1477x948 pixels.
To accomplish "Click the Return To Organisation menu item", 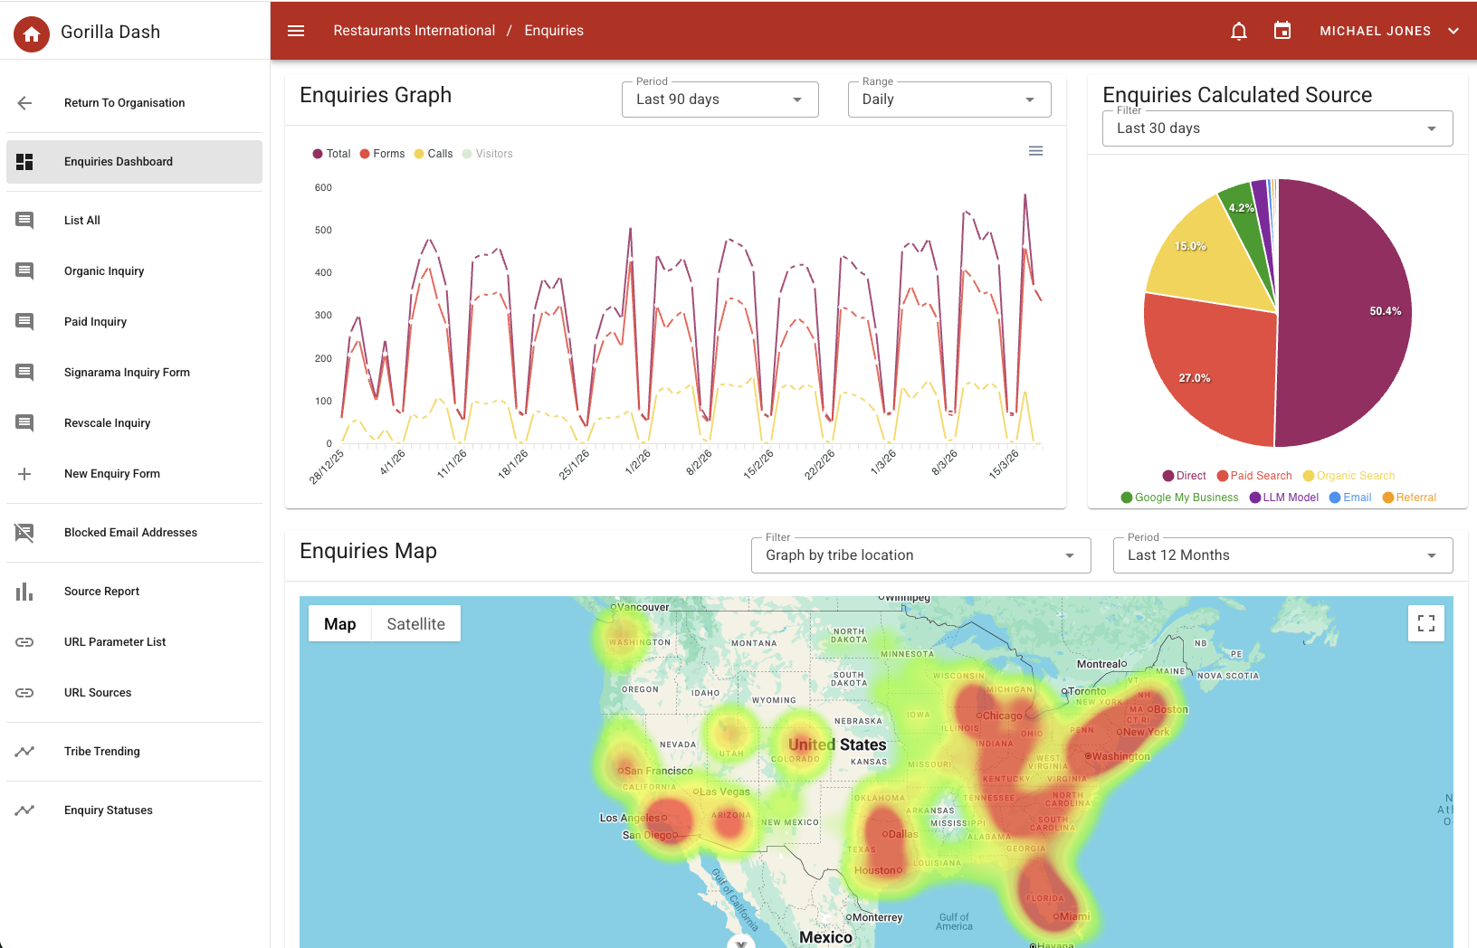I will point(124,103).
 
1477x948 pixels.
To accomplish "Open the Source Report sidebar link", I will point(101,592).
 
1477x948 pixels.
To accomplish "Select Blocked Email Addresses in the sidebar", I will point(130,533).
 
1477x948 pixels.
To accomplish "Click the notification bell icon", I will point(1239,32).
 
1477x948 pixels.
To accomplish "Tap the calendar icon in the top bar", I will point(1282,32).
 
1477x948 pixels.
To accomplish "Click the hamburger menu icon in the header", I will point(296,31).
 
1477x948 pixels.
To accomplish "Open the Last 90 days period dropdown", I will point(719,100).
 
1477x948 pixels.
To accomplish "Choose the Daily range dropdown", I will point(948,100).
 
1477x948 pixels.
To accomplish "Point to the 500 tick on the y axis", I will point(323,231).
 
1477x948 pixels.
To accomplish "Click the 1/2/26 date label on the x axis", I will point(638,461).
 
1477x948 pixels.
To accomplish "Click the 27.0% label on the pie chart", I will point(1195,378).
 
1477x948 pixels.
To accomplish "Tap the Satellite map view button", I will point(415,624).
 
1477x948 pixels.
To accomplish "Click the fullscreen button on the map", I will point(1426,623).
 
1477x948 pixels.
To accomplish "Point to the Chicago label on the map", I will point(1002,716).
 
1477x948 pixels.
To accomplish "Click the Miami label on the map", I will point(1074,916).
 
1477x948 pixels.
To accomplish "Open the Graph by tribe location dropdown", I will point(920,555).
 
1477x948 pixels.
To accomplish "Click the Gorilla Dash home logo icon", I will point(32,34).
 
